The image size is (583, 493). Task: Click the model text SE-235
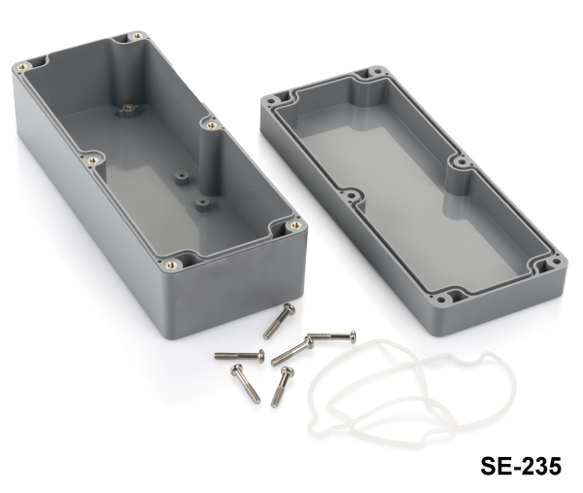521,466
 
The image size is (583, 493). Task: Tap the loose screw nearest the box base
279,321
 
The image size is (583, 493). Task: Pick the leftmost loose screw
239,356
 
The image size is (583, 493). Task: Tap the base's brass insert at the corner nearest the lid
296,225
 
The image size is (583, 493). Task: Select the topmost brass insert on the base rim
138,36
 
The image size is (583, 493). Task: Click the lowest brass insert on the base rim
171,265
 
